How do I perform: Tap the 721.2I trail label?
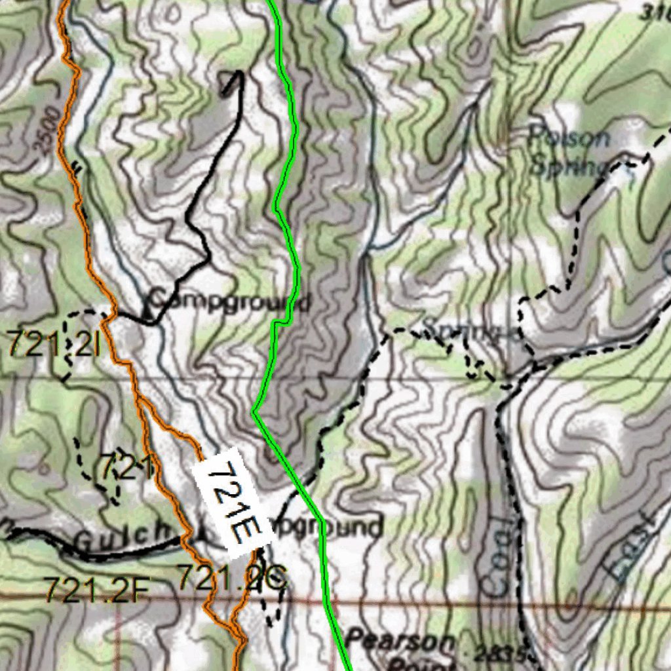(54, 344)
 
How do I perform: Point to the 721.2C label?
(233, 578)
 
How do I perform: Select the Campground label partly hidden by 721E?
(328, 527)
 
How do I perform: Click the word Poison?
(569, 138)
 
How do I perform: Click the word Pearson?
(401, 640)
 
